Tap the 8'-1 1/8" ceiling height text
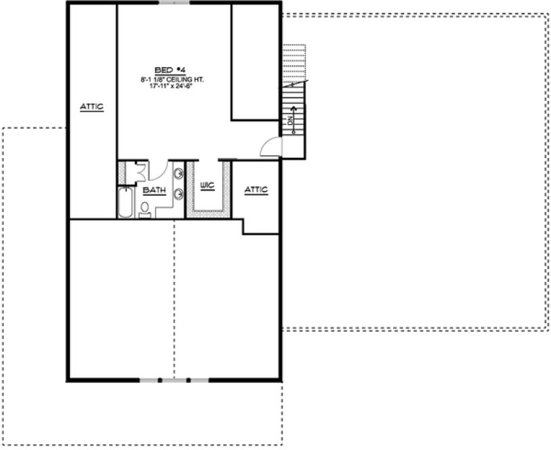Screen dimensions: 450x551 pyautogui.click(x=172, y=79)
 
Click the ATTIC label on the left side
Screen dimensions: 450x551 pyautogui.click(x=91, y=106)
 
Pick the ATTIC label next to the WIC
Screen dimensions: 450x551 pyautogui.click(x=256, y=189)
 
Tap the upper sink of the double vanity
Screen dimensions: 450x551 pyautogui.click(x=178, y=174)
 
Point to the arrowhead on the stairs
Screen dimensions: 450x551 pyautogui.click(x=293, y=108)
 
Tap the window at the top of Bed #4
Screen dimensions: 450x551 pyautogui.click(x=174, y=3)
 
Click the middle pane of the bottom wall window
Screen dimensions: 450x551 pyautogui.click(x=174, y=380)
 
